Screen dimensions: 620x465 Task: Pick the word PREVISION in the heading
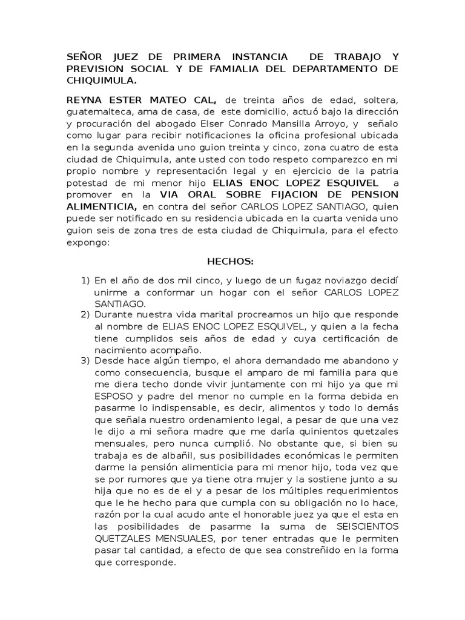click(x=93, y=68)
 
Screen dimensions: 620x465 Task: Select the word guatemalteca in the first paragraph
click(x=97, y=111)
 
